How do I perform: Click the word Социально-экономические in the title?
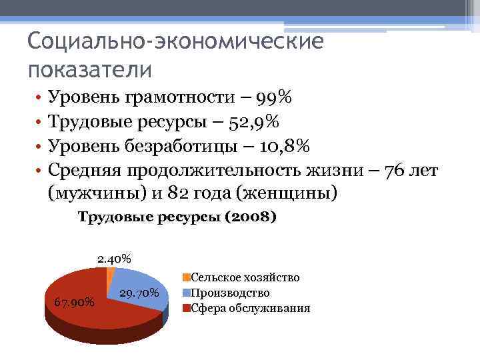(176, 42)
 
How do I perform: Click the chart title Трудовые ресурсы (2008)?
(177, 217)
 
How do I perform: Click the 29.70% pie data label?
(139, 293)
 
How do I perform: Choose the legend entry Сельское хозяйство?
(245, 277)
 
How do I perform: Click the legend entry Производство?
(230, 293)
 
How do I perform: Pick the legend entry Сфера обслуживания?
(250, 308)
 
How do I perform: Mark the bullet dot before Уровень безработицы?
(40, 147)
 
